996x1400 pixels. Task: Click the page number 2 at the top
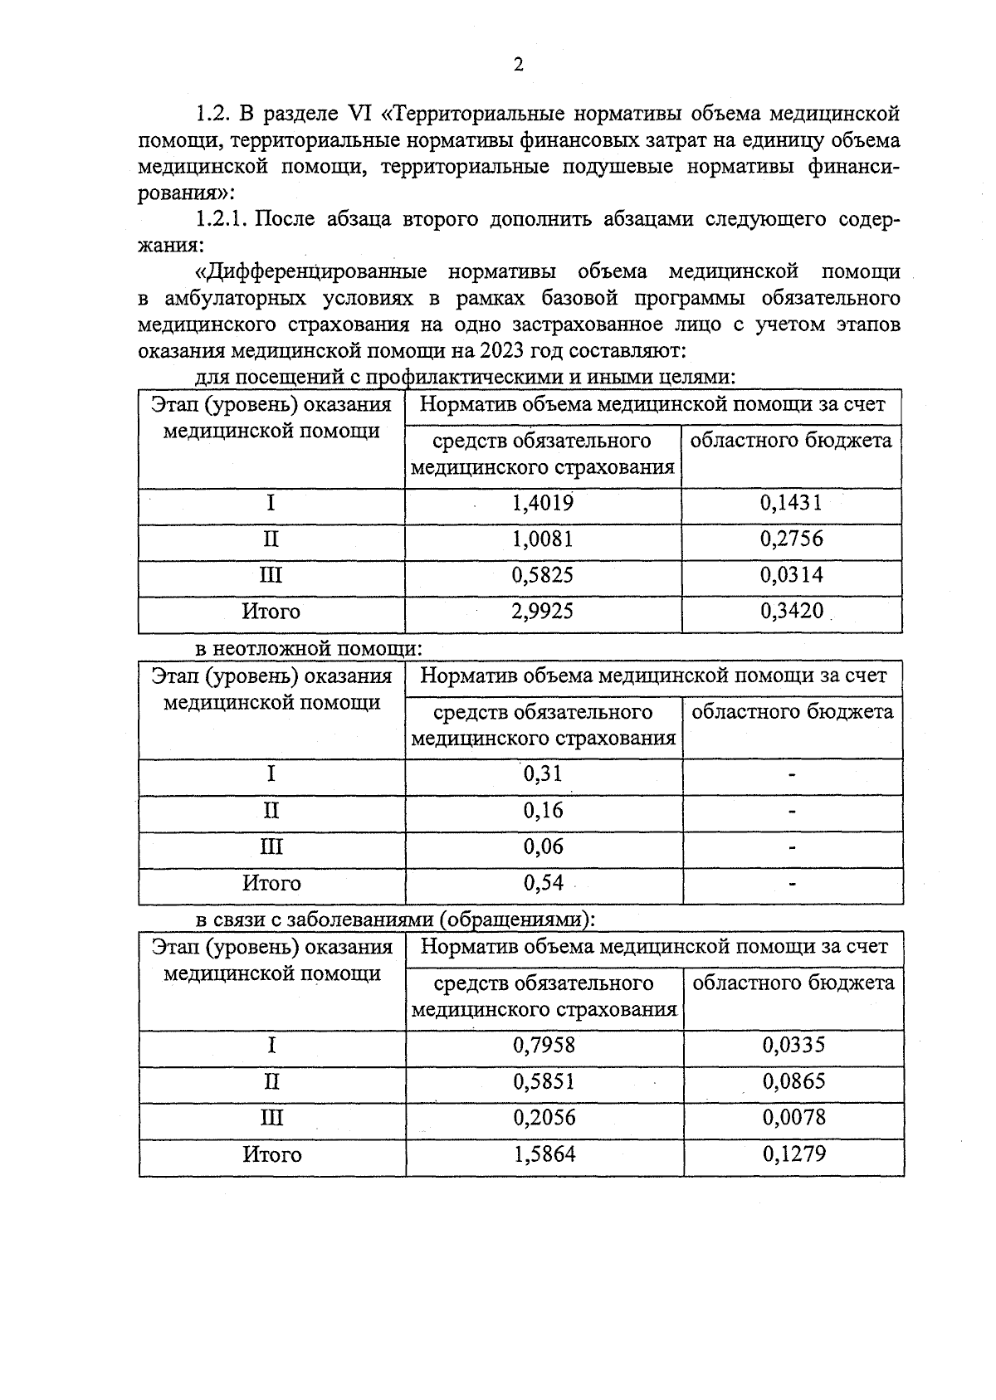[x=519, y=66]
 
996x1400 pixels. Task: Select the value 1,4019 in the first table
[x=543, y=503]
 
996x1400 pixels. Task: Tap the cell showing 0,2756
[x=792, y=539]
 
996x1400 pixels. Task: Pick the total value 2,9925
[x=543, y=612]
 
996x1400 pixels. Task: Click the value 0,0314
[x=792, y=575]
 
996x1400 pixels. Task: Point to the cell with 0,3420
[x=792, y=612]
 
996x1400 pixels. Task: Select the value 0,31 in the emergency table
[x=543, y=774]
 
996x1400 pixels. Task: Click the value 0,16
[x=543, y=811]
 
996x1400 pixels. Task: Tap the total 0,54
[x=543, y=883]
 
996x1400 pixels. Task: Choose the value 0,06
[x=543, y=846]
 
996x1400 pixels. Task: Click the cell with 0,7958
[x=544, y=1045]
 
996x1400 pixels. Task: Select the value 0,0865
[x=794, y=1081]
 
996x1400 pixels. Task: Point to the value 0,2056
[x=544, y=1118]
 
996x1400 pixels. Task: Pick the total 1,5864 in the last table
[x=544, y=1154]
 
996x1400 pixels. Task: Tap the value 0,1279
[x=794, y=1154]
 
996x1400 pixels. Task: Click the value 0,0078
[x=794, y=1118]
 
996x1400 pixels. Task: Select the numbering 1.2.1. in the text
[x=223, y=220]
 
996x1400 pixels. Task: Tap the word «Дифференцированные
[x=310, y=272]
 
